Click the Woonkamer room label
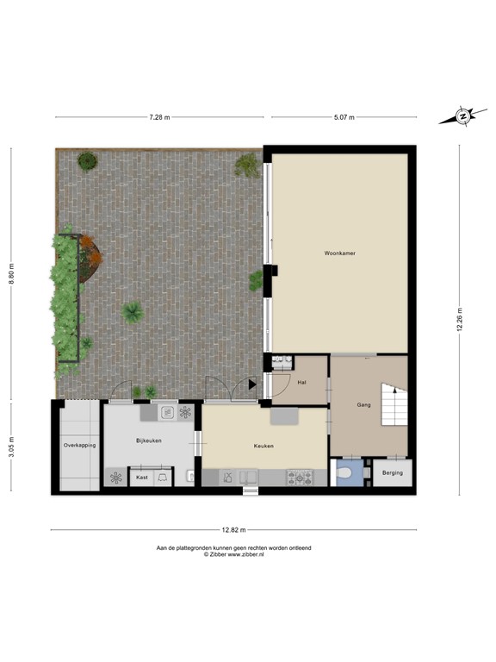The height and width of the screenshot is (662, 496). click(340, 253)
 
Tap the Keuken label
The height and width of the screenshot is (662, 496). click(263, 446)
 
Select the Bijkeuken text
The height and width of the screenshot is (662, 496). click(149, 440)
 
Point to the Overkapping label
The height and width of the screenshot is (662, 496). click(79, 445)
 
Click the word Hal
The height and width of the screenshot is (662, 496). click(301, 382)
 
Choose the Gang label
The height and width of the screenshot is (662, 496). click(364, 403)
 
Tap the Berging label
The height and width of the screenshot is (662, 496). click(392, 473)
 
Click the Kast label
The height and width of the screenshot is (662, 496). click(142, 477)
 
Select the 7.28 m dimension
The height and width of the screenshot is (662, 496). click(159, 116)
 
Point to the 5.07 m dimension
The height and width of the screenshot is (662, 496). click(344, 116)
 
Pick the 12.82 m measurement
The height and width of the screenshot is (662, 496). click(234, 529)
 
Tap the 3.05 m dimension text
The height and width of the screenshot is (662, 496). click(12, 447)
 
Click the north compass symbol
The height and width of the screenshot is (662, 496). click(462, 116)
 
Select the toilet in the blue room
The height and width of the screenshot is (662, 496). click(346, 473)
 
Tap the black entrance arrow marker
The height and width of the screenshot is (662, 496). click(252, 384)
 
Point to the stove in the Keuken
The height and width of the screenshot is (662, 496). click(301, 477)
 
